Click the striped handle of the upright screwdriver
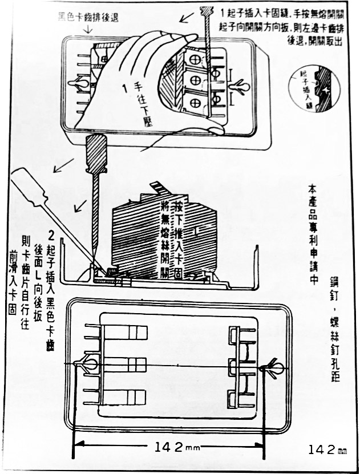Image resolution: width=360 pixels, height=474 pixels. point(96,154)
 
